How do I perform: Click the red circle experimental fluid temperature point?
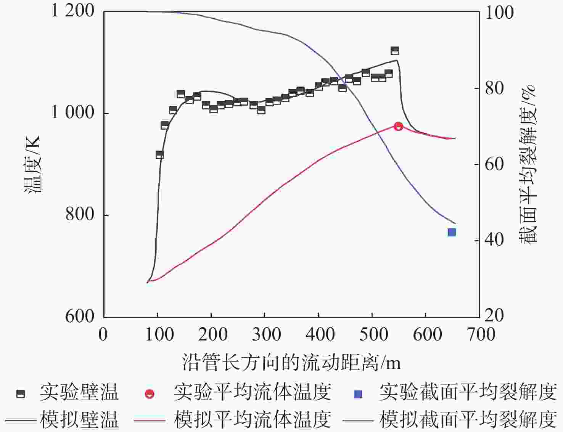coord(398,126)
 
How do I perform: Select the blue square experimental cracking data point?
coord(452,232)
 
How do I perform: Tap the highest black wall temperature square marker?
coord(395,51)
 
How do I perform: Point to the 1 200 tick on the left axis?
coord(72,11)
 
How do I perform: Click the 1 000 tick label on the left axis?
coord(72,112)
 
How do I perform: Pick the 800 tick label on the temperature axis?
coord(79,214)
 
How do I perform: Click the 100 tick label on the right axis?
coord(499,13)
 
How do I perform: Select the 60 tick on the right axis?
coord(494,164)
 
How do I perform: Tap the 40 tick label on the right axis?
coord(494,240)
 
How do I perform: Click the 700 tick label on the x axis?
coord(479,334)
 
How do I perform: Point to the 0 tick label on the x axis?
coord(103,334)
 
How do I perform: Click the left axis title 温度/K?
coord(32,164)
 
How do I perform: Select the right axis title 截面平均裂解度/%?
coord(528,164)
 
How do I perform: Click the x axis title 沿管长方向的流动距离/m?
coord(291,362)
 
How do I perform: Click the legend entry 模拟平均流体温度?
coord(252,419)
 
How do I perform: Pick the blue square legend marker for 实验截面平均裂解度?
coord(358,394)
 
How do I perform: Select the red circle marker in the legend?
coord(150,394)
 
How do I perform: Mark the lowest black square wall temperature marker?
coord(159,154)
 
